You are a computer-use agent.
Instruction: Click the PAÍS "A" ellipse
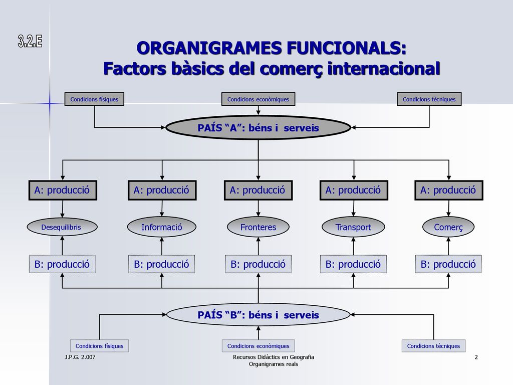pos(258,128)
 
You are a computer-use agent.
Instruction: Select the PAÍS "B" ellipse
pos(258,315)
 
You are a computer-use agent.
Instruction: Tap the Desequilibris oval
pos(62,227)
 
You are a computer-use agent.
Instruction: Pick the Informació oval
pos(162,227)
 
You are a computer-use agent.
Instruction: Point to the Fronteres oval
pos(258,227)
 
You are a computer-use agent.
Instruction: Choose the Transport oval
pos(353,227)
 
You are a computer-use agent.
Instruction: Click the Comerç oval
pos(448,227)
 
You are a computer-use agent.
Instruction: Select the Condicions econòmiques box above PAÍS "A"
pos(258,99)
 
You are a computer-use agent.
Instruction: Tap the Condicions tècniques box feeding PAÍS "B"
pos(433,346)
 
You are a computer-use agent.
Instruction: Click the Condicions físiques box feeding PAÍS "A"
pos(94,99)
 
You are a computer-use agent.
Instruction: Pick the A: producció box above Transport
pos(354,190)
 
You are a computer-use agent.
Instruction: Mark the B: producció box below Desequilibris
pos(62,264)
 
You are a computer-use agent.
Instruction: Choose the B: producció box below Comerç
pos(448,264)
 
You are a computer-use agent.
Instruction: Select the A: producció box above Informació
pos(162,190)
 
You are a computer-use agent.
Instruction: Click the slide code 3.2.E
pos(30,42)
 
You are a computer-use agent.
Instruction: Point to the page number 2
pos(476,357)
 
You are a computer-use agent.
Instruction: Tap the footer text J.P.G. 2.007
pos(80,357)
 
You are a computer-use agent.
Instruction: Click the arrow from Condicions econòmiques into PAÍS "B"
pos(259,333)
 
